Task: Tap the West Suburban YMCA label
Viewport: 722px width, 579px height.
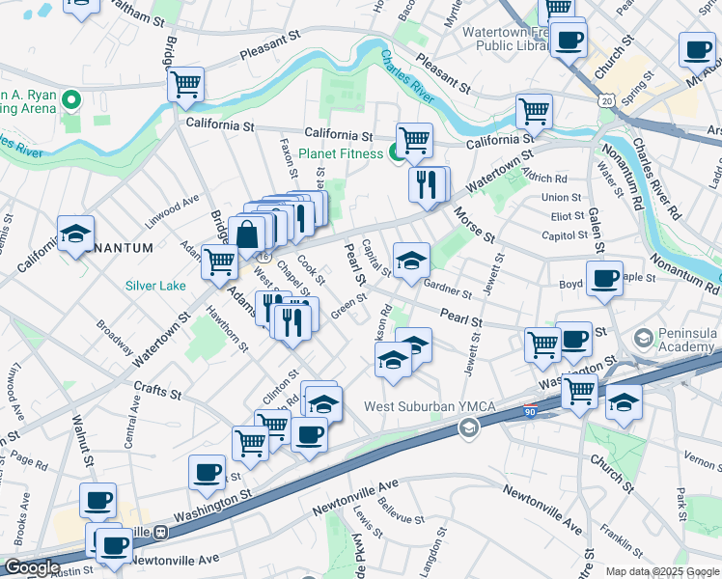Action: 429,407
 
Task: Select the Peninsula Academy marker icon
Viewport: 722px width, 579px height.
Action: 643,339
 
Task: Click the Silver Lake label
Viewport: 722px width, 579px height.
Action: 155,286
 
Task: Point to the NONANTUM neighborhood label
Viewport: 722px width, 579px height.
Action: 117,248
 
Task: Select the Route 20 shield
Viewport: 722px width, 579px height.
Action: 605,100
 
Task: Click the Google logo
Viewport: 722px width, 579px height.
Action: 32,567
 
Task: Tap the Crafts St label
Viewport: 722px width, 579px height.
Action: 157,393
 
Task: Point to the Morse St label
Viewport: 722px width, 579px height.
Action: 474,228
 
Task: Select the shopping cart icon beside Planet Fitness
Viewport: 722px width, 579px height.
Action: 414,140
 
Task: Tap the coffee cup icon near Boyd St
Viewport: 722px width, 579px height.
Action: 604,279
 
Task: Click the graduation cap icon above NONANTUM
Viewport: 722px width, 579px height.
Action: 75,234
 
